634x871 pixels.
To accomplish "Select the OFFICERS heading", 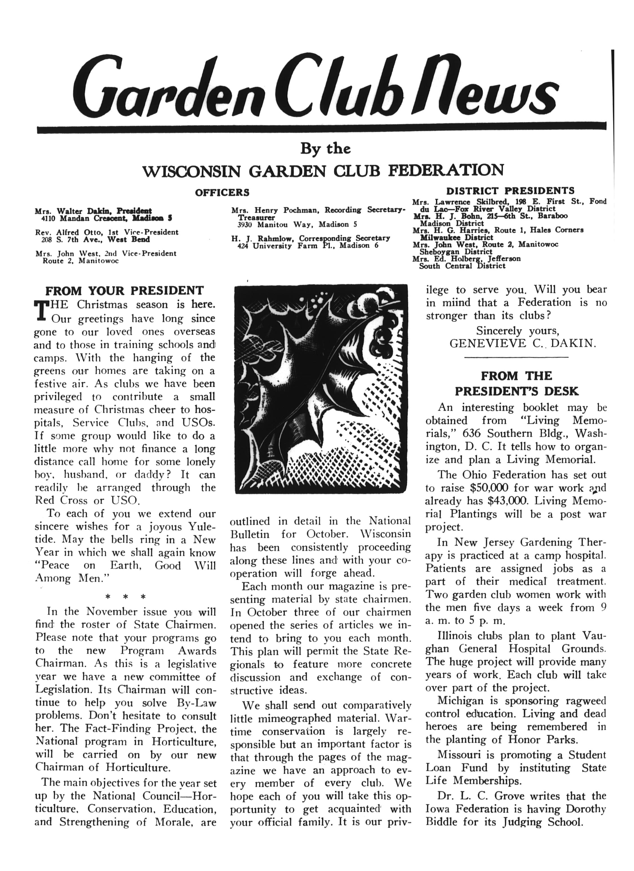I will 222,192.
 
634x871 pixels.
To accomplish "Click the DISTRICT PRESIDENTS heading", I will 510,191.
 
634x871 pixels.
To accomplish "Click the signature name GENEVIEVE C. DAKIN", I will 523,343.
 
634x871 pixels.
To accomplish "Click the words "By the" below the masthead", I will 325,149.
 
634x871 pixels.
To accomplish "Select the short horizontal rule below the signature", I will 516,358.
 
